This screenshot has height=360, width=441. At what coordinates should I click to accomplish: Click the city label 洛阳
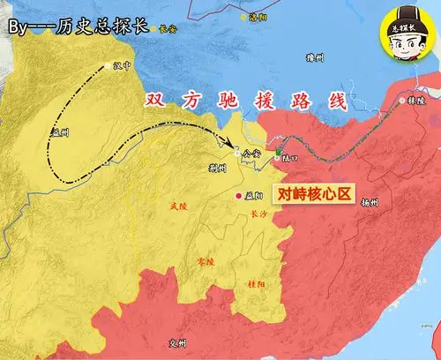tap(257, 17)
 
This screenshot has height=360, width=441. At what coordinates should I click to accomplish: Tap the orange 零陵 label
tap(204, 262)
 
